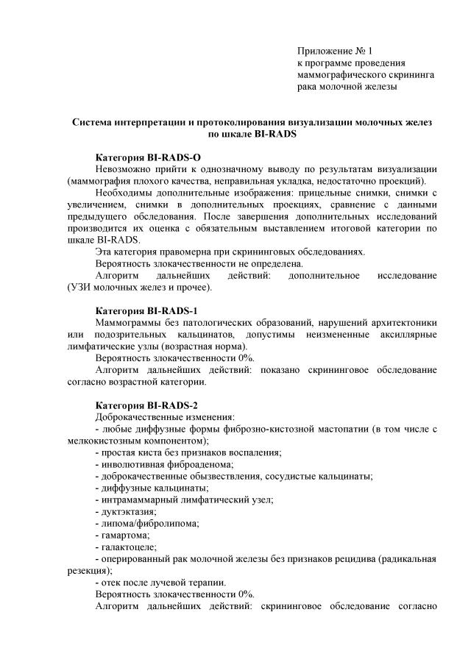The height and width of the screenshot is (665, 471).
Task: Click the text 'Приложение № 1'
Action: (335, 51)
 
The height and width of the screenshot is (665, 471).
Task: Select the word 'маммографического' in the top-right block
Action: (339, 75)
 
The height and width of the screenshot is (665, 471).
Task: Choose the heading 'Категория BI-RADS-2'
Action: (147, 405)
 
